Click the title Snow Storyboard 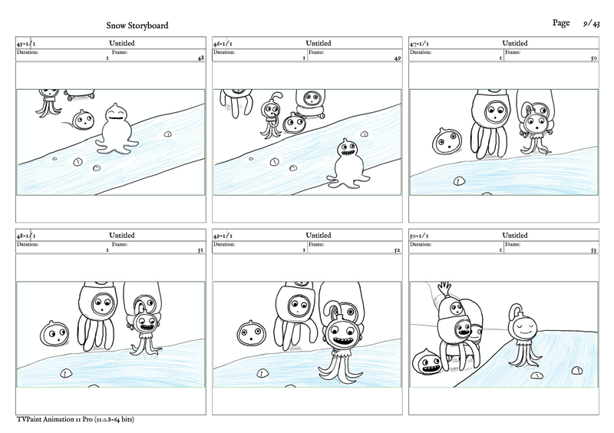pyautogui.click(x=137, y=26)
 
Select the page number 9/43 pyautogui.click(x=590, y=24)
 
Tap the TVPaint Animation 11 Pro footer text pyautogui.click(x=69, y=420)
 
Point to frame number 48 pyautogui.click(x=200, y=58)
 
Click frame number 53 pyautogui.click(x=593, y=250)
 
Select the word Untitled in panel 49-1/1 pyautogui.click(x=318, y=236)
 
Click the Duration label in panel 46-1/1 pyautogui.click(x=225, y=52)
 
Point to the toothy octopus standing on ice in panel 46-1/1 pyautogui.click(x=345, y=161)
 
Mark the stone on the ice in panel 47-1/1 pyautogui.click(x=459, y=181)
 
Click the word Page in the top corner pyautogui.click(x=560, y=24)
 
